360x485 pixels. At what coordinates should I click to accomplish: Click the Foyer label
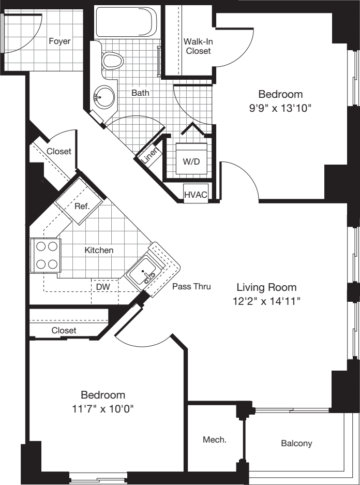coord(59,41)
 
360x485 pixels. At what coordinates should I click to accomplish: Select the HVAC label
coord(196,195)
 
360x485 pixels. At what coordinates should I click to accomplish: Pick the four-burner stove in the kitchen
coord(46,256)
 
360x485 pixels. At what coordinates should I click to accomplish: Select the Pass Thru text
coord(191,286)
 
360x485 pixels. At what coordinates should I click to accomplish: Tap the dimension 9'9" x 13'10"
coord(280,108)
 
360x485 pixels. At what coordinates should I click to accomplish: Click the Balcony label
coord(296,443)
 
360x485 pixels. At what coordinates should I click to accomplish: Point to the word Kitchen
coord(99,250)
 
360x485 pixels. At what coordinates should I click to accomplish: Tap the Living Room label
coord(266,287)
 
